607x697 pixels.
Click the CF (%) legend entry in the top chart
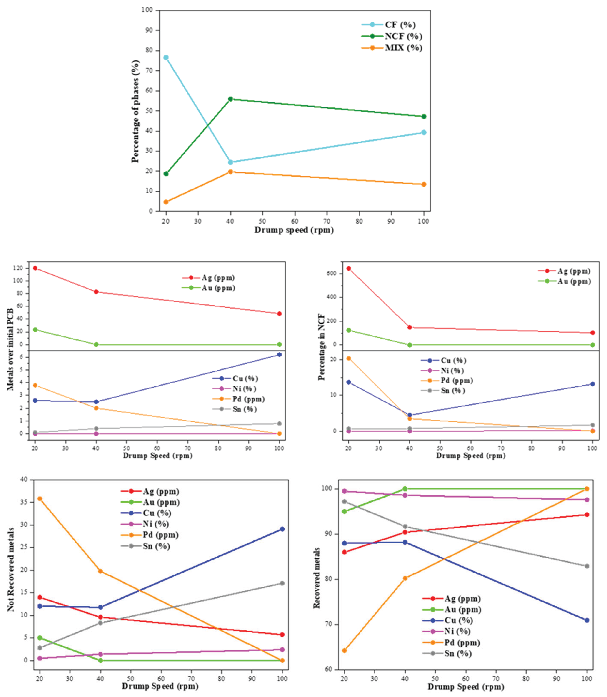tap(400, 25)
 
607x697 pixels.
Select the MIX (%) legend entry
tap(403, 48)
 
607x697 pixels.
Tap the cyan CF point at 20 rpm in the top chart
tap(166, 57)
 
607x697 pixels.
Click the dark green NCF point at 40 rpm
tap(230, 99)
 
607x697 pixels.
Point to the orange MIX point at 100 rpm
tap(423, 184)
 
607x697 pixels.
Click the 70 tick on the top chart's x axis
tap(327, 221)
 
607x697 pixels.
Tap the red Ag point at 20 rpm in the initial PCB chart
tap(35, 268)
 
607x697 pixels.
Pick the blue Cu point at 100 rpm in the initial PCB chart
tap(279, 355)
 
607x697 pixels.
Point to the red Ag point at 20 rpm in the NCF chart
tap(349, 269)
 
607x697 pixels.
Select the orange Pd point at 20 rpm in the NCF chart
tap(349, 358)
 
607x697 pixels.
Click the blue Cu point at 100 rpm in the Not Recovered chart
tap(282, 529)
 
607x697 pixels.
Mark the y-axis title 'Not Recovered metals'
tap(11, 569)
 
